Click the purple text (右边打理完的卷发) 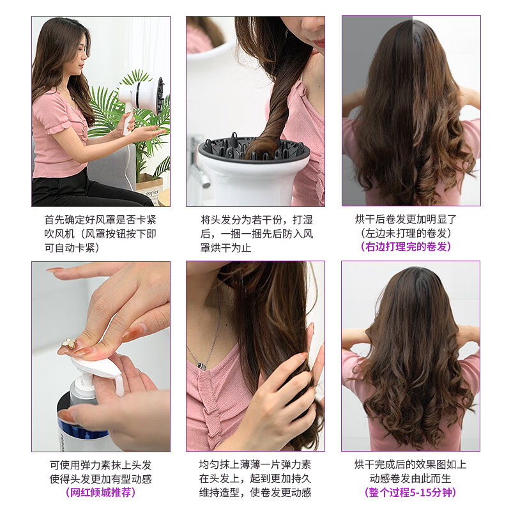point(410,247)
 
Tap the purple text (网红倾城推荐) point(101,492)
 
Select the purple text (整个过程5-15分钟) point(410,492)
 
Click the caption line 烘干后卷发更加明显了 point(410,218)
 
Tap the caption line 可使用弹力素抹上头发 point(101,464)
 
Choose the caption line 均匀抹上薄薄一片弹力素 point(256,464)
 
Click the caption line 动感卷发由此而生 point(410,478)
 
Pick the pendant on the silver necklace point(202,365)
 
